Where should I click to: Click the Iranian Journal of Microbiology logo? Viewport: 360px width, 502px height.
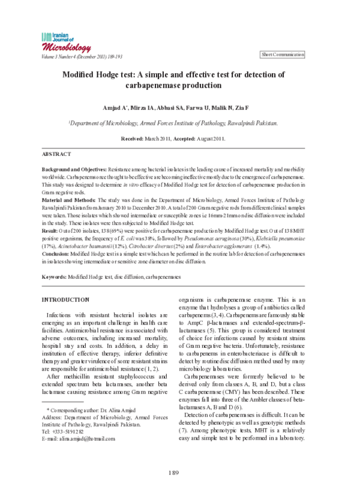click(65, 42)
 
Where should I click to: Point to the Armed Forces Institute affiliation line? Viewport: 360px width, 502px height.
click(173, 122)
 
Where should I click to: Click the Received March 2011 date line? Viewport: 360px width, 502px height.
click(173, 139)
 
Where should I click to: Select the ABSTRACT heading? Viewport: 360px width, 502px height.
click(58, 154)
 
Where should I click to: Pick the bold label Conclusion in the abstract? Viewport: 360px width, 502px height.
click(55, 254)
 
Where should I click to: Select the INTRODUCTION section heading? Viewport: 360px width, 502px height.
click(65, 299)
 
